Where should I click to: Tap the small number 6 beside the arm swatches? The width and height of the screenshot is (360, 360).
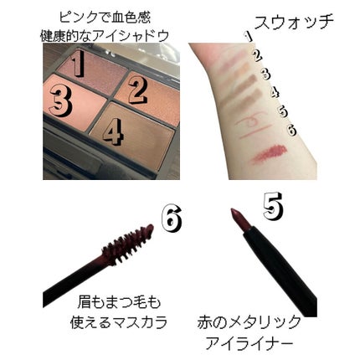(291, 130)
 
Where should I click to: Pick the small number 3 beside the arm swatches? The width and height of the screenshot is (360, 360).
(265, 75)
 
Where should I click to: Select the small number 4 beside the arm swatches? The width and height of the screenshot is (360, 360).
(275, 93)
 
